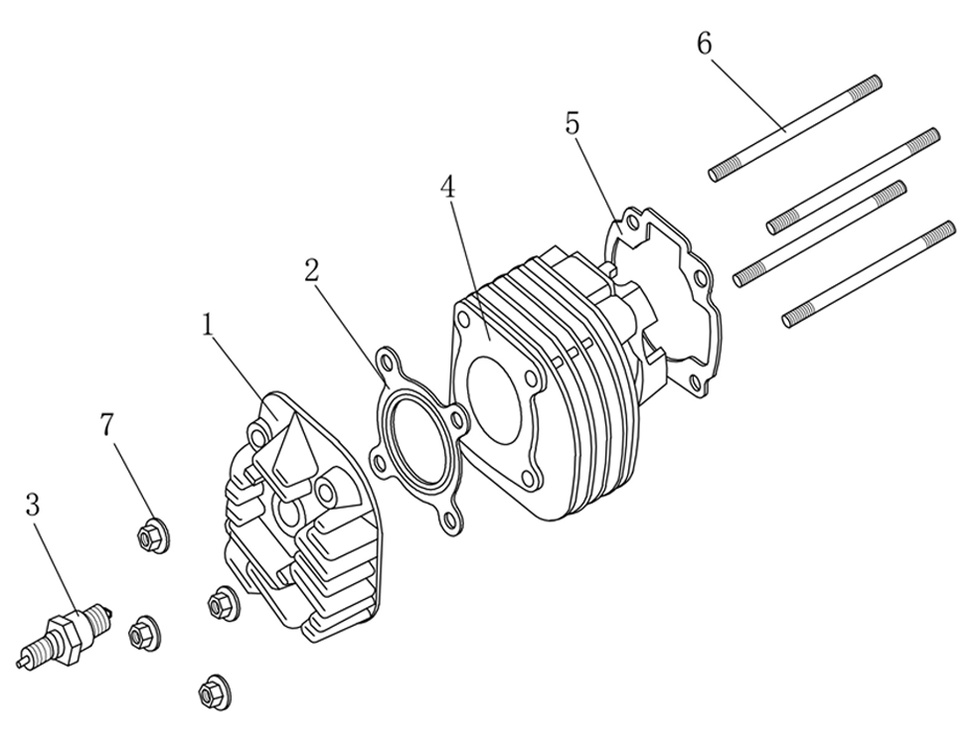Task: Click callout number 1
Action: coord(208,325)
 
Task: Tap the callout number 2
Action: coord(312,270)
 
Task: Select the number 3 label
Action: coord(33,504)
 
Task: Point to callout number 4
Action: coord(448,187)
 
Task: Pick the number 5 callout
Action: coord(572,123)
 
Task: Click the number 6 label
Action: coord(704,45)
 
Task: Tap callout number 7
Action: coord(107,424)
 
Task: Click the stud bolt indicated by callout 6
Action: coord(795,128)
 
